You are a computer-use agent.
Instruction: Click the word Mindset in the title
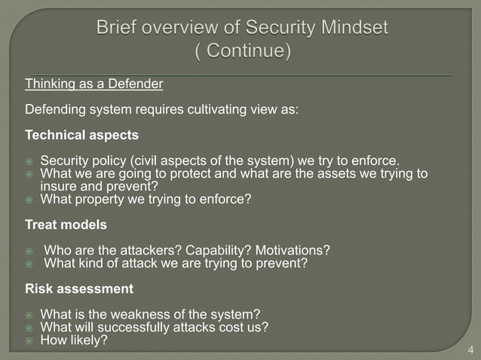coord(350,28)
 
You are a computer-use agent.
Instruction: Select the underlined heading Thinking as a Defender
coord(94,84)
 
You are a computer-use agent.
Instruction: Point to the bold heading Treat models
coord(66,224)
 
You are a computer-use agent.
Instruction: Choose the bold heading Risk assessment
coord(79,288)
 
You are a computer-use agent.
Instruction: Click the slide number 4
coord(470,349)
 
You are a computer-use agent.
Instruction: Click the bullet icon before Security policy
coord(29,161)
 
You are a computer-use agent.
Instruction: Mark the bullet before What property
coord(29,200)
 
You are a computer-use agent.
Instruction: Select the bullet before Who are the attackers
coord(29,251)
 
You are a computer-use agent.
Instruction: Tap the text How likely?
coord(74,340)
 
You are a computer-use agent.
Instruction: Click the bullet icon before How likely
coord(29,340)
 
